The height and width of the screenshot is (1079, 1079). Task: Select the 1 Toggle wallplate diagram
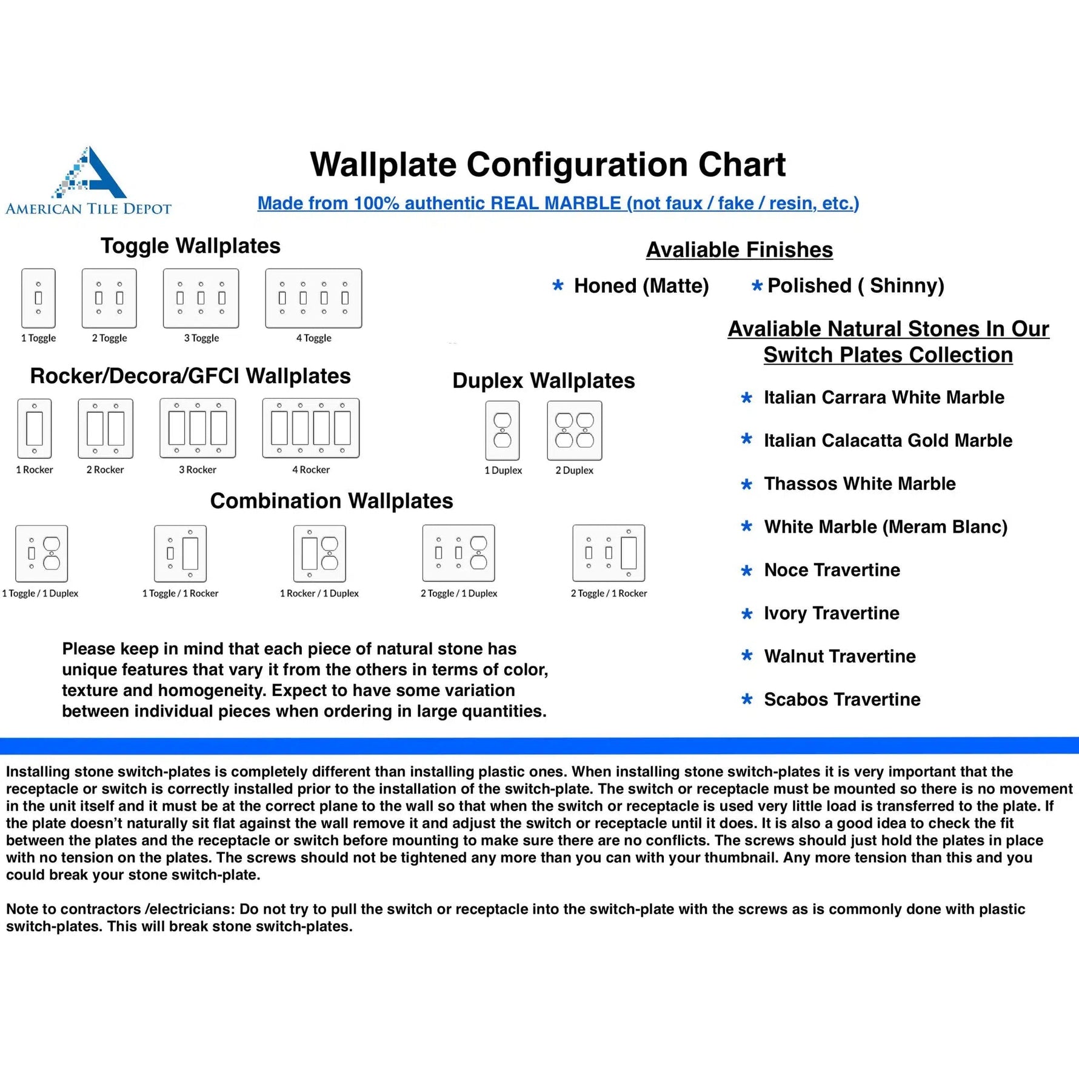pyautogui.click(x=38, y=298)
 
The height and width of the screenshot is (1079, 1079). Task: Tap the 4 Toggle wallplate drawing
pyautogui.click(x=313, y=298)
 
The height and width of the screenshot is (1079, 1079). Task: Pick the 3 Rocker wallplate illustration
pyautogui.click(x=198, y=428)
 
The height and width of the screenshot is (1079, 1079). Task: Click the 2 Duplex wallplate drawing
pyautogui.click(x=574, y=430)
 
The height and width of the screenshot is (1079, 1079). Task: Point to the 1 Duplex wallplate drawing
pyautogui.click(x=503, y=430)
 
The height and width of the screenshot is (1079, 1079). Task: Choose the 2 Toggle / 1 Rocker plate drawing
pyautogui.click(x=609, y=553)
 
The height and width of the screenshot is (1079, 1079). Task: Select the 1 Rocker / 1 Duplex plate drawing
pyautogui.click(x=319, y=553)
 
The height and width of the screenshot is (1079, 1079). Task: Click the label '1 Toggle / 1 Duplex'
pyautogui.click(x=40, y=593)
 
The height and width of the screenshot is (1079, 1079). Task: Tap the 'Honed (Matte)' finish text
pyautogui.click(x=641, y=286)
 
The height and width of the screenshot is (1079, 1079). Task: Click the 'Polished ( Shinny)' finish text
pyautogui.click(x=855, y=286)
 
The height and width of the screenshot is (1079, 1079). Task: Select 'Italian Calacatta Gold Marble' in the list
pyautogui.click(x=887, y=441)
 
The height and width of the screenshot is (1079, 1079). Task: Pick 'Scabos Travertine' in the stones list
pyautogui.click(x=842, y=700)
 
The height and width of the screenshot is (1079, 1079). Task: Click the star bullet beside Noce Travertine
pyautogui.click(x=747, y=570)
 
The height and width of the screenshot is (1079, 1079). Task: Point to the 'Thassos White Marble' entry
pyautogui.click(x=860, y=484)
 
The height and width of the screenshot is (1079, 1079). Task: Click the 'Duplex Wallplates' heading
pyautogui.click(x=543, y=381)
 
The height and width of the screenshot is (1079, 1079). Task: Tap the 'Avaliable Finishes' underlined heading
pyautogui.click(x=739, y=250)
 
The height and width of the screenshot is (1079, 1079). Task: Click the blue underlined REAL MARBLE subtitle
pyautogui.click(x=558, y=203)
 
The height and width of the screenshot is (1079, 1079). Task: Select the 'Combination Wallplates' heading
pyautogui.click(x=331, y=501)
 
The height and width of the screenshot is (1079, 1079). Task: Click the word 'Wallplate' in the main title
pyautogui.click(x=383, y=165)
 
